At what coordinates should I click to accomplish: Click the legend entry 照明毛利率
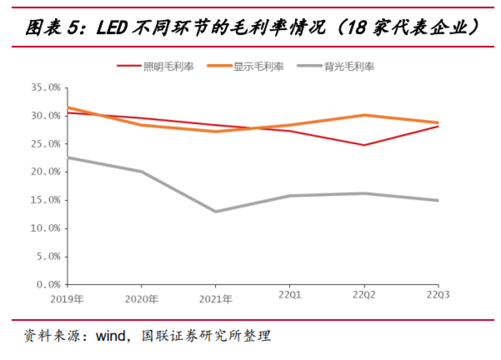(x=168, y=66)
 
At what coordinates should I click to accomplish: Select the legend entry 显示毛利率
(x=259, y=66)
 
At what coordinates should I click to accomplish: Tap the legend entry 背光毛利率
(x=349, y=66)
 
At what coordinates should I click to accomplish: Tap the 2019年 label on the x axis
(x=67, y=299)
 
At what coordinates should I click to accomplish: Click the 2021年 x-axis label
(x=215, y=299)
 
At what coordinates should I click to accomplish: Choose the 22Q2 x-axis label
(x=364, y=295)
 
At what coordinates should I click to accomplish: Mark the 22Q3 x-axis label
(x=438, y=295)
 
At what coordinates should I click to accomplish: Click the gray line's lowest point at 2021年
(x=215, y=211)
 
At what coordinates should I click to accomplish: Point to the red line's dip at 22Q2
(x=364, y=145)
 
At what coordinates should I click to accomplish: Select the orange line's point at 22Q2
(x=364, y=115)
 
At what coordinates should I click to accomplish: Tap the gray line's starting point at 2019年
(x=68, y=157)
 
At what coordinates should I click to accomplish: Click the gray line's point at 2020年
(x=141, y=171)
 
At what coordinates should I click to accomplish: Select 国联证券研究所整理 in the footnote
(x=206, y=335)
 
